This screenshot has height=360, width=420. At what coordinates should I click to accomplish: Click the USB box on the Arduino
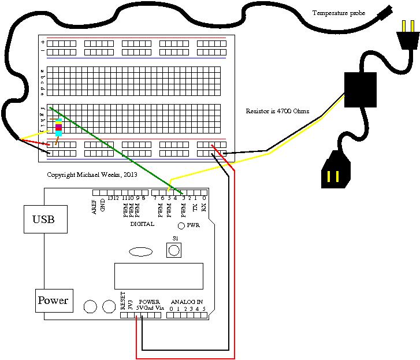point(45,219)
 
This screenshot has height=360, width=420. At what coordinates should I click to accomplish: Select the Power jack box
point(54,300)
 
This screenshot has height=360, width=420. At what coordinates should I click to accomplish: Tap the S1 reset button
point(174,250)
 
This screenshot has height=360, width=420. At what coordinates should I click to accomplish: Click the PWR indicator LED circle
point(181,225)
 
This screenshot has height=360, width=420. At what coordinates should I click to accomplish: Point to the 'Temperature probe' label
point(339,13)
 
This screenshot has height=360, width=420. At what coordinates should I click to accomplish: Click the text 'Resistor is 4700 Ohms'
point(277,111)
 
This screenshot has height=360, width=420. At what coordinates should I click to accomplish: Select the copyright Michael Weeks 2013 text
point(92,174)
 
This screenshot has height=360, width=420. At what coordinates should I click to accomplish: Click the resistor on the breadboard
point(58,127)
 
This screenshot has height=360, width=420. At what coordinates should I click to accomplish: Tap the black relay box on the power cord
point(360,90)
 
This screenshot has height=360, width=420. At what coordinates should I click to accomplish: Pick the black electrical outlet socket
point(335,170)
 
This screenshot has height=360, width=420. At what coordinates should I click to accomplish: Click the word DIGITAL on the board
point(142,224)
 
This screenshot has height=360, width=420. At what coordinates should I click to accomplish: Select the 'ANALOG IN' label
point(187,302)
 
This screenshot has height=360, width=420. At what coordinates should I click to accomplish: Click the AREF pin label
point(95,207)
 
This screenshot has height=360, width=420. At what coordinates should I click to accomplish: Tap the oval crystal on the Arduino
point(140,251)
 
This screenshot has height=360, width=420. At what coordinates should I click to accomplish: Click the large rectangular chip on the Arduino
point(158,276)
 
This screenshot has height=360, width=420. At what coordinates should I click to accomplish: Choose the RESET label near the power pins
point(123,300)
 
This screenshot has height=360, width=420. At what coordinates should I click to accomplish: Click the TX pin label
point(195,206)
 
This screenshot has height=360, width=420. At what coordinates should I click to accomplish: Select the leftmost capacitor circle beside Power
point(90,307)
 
